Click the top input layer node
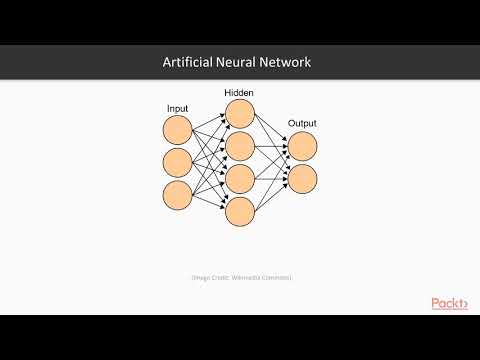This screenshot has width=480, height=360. click(x=176, y=129)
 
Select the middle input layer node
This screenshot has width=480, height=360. click(x=176, y=162)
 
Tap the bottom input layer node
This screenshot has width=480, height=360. click(x=176, y=194)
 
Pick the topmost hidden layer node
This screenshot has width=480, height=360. click(x=240, y=114)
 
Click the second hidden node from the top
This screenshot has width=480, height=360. click(x=240, y=146)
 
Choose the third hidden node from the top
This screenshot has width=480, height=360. click(x=240, y=178)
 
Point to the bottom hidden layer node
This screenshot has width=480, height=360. click(x=240, y=211)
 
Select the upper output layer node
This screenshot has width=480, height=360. click(x=302, y=146)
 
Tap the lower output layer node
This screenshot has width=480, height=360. click(x=302, y=178)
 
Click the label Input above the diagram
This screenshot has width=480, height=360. click(x=176, y=107)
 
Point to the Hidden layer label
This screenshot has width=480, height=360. click(x=239, y=92)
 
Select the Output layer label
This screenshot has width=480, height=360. click(x=302, y=124)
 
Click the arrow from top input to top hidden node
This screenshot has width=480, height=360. click(x=208, y=122)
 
